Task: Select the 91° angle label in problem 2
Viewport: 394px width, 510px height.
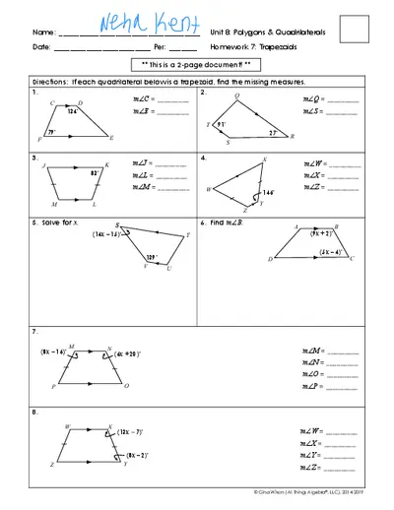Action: tap(224, 125)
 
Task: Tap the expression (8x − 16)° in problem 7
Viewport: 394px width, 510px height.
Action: tap(53, 351)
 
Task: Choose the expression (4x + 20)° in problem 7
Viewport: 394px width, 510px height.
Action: tap(129, 353)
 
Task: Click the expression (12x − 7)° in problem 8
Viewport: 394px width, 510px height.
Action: tap(129, 432)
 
